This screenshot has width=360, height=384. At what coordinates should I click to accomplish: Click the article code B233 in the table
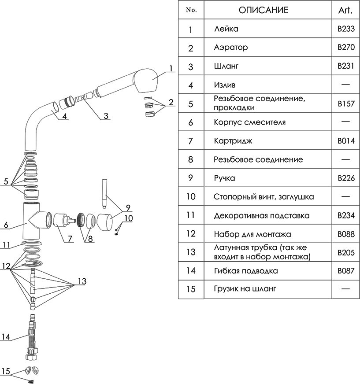(x=345, y=30)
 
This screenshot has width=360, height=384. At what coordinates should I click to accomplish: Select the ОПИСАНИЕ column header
(x=264, y=10)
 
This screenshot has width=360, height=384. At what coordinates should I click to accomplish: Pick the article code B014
(x=345, y=141)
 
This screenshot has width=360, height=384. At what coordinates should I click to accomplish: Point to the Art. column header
(x=345, y=10)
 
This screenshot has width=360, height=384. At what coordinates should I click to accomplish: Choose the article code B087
(x=345, y=270)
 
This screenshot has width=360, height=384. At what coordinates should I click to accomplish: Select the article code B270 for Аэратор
(x=345, y=48)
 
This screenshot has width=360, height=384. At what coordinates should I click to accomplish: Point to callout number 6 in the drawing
(x=6, y=225)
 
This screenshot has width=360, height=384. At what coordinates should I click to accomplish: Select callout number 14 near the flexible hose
(x=5, y=337)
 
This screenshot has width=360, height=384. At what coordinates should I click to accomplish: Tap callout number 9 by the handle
(x=128, y=207)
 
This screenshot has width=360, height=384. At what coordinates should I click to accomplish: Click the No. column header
(x=191, y=10)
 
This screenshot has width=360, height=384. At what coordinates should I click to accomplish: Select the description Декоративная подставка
(x=256, y=215)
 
